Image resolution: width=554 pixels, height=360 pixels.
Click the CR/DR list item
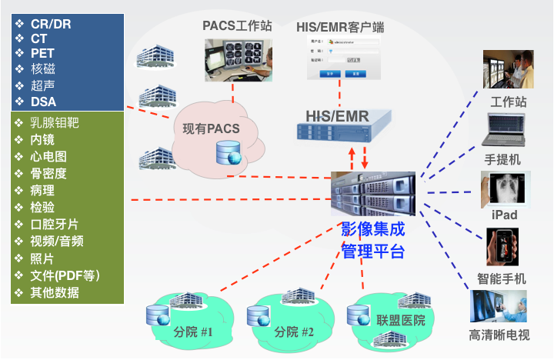coord(51,24)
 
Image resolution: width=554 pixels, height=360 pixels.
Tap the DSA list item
coord(43,101)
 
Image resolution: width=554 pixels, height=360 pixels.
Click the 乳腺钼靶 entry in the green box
coord(55,123)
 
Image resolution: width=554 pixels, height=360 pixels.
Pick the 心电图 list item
coord(48,157)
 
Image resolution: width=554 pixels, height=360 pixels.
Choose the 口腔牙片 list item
coord(54,225)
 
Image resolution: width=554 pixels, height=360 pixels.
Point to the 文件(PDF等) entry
coord(65,275)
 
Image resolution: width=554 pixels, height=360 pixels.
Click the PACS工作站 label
coord(238,26)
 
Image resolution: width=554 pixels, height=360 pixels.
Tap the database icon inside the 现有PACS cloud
coord(229,154)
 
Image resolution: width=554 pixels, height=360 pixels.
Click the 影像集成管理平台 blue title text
coord(372,240)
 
